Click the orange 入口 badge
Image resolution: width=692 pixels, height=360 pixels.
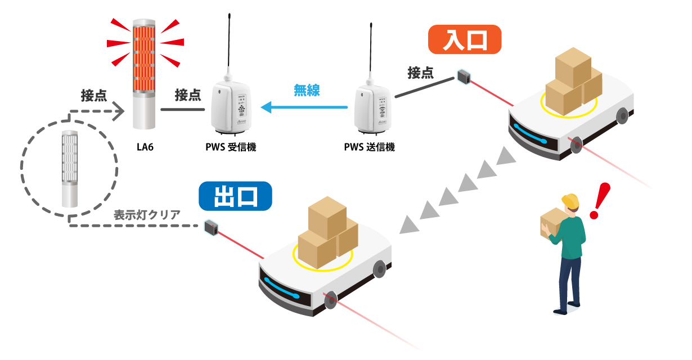(464, 39)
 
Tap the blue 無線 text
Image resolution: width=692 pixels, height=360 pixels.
(307, 90)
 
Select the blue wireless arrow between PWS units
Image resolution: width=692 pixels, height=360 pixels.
(304, 106)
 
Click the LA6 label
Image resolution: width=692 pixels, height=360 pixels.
(145, 147)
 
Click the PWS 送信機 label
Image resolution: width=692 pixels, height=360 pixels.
(370, 148)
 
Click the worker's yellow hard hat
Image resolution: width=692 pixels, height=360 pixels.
(570, 200)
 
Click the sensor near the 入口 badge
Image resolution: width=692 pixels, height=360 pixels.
(464, 76)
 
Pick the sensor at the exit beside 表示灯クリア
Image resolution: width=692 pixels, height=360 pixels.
(212, 227)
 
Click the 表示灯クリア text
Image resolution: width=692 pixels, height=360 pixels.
(147, 214)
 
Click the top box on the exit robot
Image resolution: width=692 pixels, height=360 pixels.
(327, 217)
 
